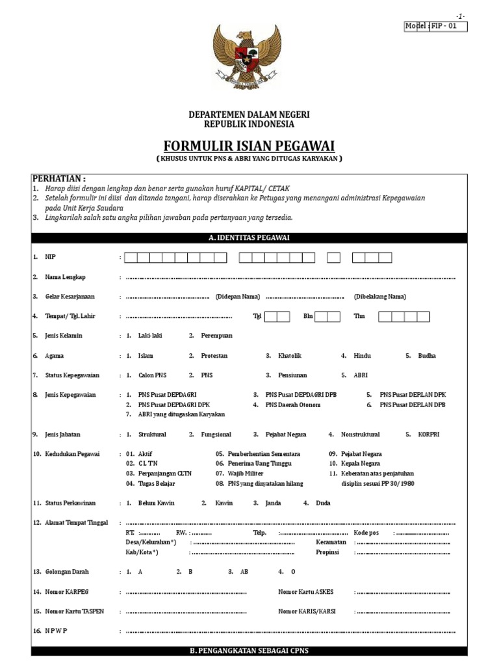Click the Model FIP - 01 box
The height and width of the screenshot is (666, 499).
coord(436,26)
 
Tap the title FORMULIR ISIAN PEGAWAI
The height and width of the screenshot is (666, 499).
coord(249,144)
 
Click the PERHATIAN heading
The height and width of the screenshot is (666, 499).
coord(59,179)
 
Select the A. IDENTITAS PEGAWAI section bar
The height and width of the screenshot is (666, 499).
coord(249,238)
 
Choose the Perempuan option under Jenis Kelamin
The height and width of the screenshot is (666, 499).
coord(216,336)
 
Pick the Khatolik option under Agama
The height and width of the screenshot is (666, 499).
coord(290,356)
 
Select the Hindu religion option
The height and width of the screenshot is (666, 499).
coord(363,356)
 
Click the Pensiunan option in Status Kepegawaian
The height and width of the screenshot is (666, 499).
coord(292,375)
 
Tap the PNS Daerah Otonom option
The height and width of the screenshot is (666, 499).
coord(293,405)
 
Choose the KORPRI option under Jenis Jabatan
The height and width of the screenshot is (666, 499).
coord(428,434)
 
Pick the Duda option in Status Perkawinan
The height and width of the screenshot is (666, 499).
coord(323,503)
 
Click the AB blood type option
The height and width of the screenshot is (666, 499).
coord(244,572)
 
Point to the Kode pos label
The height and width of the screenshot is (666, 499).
coord(366,532)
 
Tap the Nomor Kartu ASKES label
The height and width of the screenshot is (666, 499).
coord(305,592)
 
